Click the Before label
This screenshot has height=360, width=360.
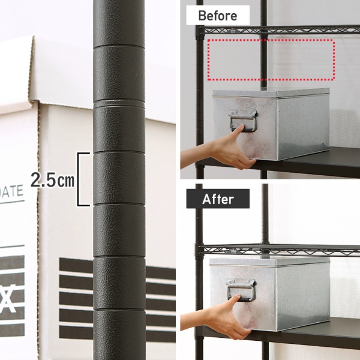point(218,15)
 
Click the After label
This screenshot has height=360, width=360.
point(218,199)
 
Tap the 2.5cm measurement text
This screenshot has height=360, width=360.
point(53,180)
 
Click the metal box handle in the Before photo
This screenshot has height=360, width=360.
point(243,121)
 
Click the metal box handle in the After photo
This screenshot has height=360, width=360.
point(241,290)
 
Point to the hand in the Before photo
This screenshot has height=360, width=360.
point(230,149)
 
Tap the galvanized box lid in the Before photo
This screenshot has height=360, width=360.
point(271,93)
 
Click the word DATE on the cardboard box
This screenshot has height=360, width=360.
point(11,192)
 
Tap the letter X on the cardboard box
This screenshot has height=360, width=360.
point(8,298)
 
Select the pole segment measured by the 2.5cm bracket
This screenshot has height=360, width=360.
point(119,178)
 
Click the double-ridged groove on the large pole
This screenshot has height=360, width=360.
point(119,103)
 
